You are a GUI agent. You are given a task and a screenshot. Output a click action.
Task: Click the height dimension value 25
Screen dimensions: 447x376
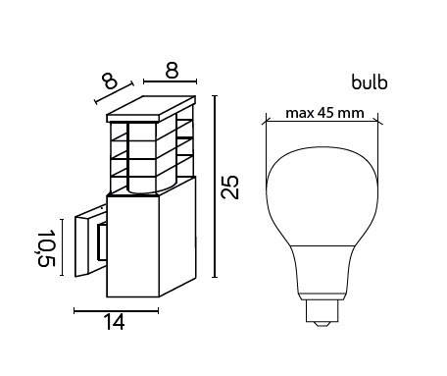tap(230, 187)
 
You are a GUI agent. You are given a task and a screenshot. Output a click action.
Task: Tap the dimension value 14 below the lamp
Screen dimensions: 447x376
tap(114, 322)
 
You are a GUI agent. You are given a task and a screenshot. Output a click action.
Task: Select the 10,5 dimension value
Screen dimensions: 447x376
tap(46, 248)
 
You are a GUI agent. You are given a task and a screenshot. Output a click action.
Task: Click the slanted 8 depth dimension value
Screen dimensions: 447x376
tap(109, 81)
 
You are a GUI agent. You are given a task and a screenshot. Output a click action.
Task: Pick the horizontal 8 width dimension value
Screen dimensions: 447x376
tap(172, 71)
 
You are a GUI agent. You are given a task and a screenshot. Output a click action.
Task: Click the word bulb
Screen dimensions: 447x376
tap(370, 82)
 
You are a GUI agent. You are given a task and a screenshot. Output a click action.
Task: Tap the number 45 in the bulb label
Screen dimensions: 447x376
tap(325, 113)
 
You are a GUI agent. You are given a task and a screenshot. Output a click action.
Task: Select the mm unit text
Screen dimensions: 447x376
tap(350, 114)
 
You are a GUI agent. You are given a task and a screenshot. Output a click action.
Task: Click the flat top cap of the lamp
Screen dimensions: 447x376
tap(151, 109)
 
